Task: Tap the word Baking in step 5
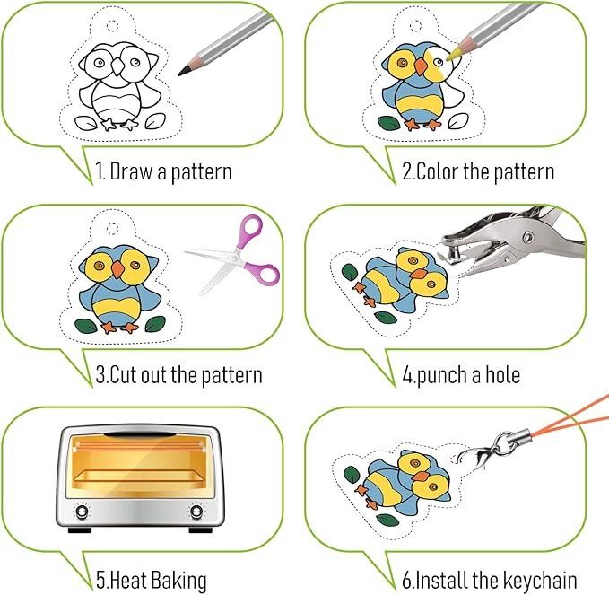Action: [178, 581]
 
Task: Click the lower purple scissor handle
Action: [266, 273]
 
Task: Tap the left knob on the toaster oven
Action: [82, 512]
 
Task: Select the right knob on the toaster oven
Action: [196, 512]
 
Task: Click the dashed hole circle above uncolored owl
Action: [113, 26]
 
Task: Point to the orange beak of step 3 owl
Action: [117, 269]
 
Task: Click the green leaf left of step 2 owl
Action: [389, 123]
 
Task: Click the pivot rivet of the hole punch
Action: [527, 237]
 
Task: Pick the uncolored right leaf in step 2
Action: [458, 121]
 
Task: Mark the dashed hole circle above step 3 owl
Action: [113, 229]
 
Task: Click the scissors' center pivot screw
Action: [234, 257]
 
